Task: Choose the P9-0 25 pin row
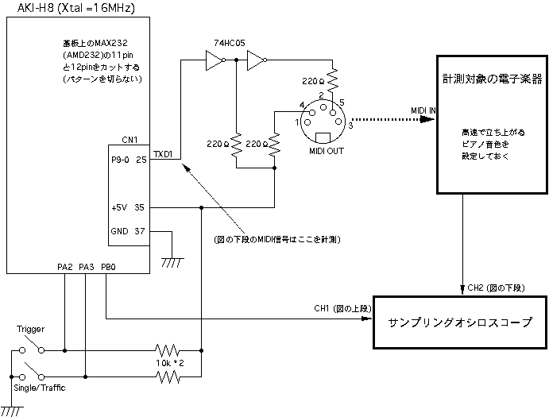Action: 130,160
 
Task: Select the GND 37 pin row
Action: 130,231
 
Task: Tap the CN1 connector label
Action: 130,141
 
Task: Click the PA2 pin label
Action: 65,267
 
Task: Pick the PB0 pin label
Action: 108,267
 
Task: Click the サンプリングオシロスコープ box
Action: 460,323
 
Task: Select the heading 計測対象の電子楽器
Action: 492,79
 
